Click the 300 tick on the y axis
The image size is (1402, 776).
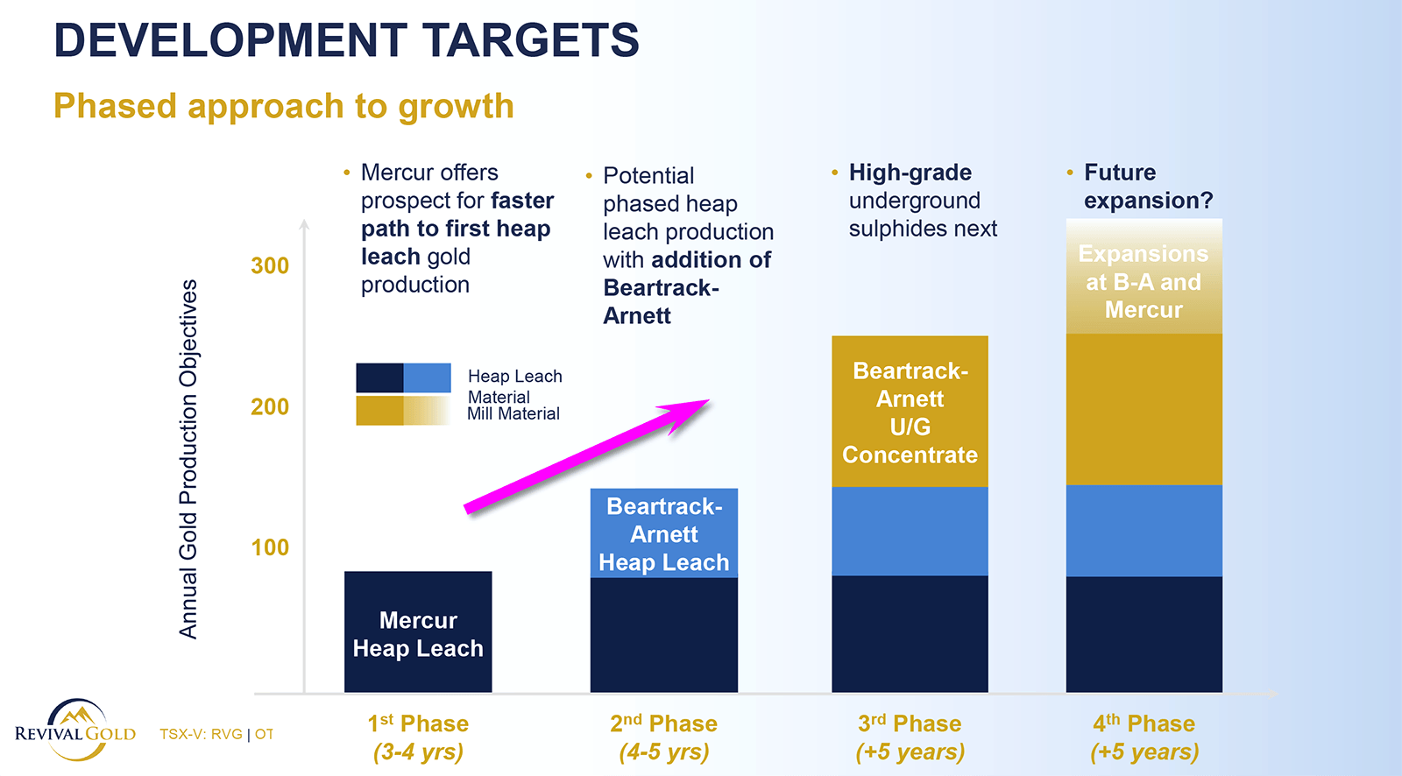click(x=270, y=265)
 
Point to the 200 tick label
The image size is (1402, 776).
click(x=270, y=406)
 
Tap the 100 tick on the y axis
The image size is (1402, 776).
click(x=270, y=547)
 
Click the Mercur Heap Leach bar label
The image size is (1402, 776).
click(x=418, y=634)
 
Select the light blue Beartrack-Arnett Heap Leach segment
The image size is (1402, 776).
click(x=664, y=533)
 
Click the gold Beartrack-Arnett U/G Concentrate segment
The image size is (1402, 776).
click(x=910, y=412)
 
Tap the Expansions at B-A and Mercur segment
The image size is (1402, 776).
click(x=1144, y=276)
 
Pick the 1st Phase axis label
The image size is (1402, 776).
click(x=418, y=737)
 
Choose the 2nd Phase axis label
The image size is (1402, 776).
click(x=664, y=737)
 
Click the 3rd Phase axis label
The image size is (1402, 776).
click(x=910, y=737)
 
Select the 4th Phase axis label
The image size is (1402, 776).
click(x=1144, y=737)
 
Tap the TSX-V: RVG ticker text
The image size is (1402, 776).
click(x=201, y=734)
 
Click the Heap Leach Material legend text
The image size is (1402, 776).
click(x=514, y=386)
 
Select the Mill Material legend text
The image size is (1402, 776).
click(x=513, y=413)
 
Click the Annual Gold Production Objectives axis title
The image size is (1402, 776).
click(x=188, y=459)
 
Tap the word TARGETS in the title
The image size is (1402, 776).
click(x=531, y=40)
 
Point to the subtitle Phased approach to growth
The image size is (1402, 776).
click(x=284, y=106)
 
